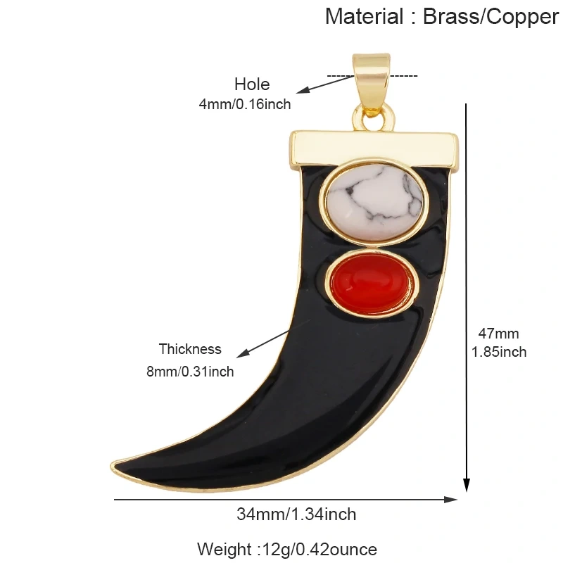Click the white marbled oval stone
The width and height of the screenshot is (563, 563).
pyautogui.click(x=374, y=202)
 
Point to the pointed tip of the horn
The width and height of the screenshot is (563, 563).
pyautogui.click(x=112, y=465)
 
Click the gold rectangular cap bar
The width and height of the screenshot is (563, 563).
pyautogui.click(x=374, y=149)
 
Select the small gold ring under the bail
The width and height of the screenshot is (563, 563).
pyautogui.click(x=374, y=118)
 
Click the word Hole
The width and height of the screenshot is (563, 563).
pyautogui.click(x=252, y=84)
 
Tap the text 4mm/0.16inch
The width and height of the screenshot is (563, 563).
pyautogui.click(x=245, y=104)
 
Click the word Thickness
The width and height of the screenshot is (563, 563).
pyautogui.click(x=190, y=349)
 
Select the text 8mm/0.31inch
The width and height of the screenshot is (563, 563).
pyautogui.click(x=190, y=372)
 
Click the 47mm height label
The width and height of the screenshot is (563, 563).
pyautogui.click(x=498, y=334)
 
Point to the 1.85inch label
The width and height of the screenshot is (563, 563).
pyautogui.click(x=499, y=353)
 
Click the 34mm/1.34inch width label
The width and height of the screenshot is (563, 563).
pyautogui.click(x=296, y=514)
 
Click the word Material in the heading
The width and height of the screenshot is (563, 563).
pyautogui.click(x=364, y=16)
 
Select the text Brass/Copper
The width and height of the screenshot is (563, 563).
pyautogui.click(x=491, y=17)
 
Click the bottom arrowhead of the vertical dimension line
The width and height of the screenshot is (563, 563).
pyautogui.click(x=466, y=486)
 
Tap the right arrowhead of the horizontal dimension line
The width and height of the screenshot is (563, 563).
pyautogui.click(x=451, y=500)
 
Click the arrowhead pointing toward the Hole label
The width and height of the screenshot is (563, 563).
pyautogui.click(x=303, y=90)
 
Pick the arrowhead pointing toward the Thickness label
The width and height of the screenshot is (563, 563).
pyautogui.click(x=242, y=354)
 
